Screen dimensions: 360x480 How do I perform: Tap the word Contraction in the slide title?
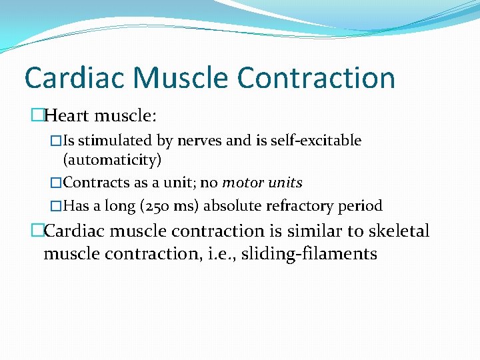316,77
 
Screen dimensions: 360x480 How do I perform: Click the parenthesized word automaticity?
112,160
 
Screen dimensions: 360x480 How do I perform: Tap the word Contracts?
93,183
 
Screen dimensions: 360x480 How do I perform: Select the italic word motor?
243,183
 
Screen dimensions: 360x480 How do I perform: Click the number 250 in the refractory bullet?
158,206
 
